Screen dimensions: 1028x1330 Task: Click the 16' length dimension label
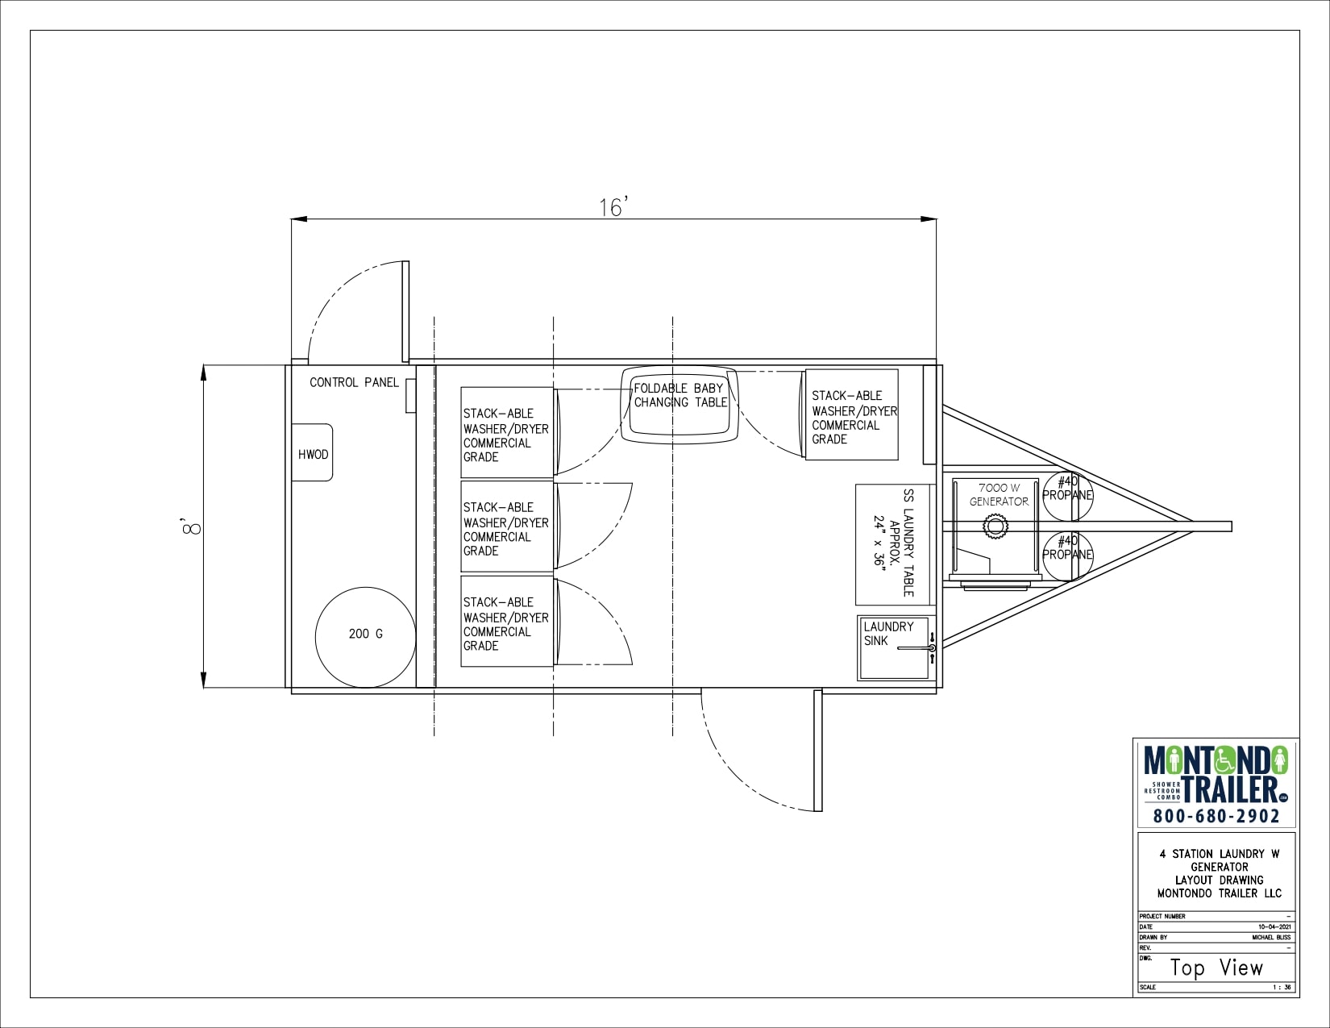click(613, 208)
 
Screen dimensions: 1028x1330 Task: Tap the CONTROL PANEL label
click(354, 382)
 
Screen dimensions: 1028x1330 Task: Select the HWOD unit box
click(313, 453)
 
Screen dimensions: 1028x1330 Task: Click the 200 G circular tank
click(365, 635)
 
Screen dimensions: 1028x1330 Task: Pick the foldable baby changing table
click(680, 404)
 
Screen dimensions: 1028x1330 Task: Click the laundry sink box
click(895, 647)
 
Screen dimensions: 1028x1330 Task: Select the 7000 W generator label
click(999, 494)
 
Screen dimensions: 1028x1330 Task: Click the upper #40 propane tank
click(1067, 494)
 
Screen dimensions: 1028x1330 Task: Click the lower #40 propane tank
click(1067, 555)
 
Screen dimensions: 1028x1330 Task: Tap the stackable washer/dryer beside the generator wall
click(852, 415)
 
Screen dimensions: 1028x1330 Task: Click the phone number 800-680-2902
click(1216, 816)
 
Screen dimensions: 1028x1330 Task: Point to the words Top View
click(1216, 968)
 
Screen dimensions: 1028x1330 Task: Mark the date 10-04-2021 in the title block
click(1274, 927)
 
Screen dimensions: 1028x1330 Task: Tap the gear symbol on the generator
click(995, 527)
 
